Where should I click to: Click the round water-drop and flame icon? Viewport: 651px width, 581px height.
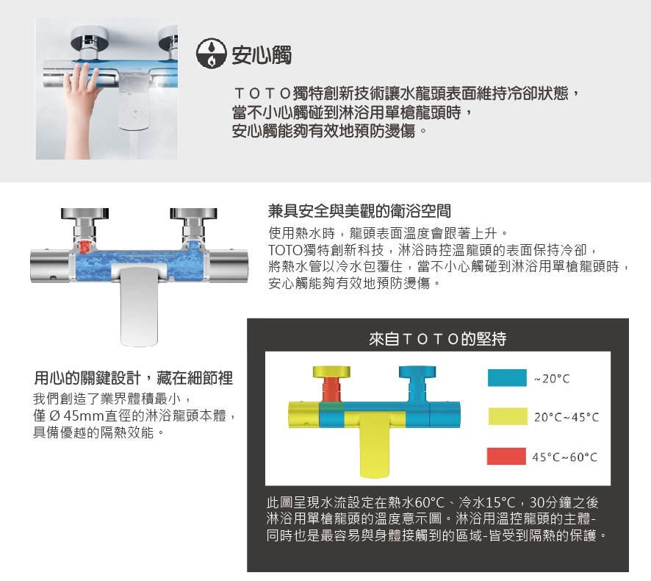[212, 53]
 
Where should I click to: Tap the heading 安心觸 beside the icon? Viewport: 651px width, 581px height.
[262, 55]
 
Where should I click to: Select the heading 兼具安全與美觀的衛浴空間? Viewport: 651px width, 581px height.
[359, 212]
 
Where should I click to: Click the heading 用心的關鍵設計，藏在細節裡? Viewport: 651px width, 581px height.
[134, 378]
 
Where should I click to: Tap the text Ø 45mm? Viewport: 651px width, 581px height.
[75, 416]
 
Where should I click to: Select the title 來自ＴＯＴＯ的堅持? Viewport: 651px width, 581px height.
[438, 339]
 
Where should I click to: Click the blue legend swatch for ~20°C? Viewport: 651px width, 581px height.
[507, 378]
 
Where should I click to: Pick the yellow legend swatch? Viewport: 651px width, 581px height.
[508, 416]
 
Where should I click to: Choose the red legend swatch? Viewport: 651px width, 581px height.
[506, 456]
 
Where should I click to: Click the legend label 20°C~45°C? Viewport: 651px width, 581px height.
[567, 417]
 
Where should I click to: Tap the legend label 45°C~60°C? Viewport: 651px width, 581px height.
[565, 457]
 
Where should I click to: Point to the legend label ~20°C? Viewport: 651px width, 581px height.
[552, 379]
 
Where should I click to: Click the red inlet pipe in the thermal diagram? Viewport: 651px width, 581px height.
[332, 389]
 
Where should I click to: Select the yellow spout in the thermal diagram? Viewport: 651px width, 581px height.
[375, 445]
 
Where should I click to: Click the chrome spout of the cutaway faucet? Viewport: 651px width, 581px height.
[139, 307]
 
